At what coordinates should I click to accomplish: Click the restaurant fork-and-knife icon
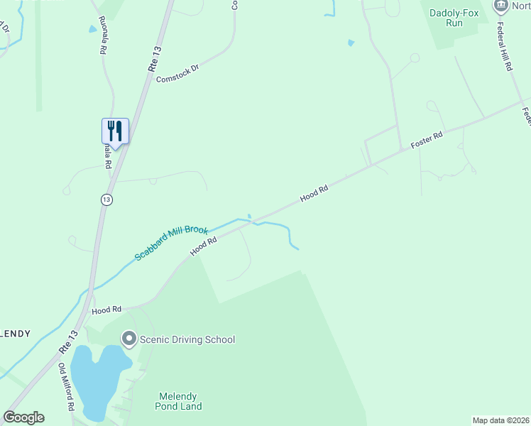click(115, 131)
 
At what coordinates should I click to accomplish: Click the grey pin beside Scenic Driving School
click(128, 339)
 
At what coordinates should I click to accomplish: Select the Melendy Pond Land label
click(178, 401)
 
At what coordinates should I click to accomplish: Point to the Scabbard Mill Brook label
click(171, 244)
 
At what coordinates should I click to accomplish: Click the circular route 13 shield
click(106, 200)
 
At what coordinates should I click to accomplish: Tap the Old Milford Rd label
click(67, 388)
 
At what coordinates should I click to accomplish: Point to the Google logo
click(24, 417)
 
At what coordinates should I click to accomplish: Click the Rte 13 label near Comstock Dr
click(153, 58)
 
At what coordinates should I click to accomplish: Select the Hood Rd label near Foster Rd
click(314, 192)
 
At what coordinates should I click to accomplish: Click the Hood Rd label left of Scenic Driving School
click(106, 310)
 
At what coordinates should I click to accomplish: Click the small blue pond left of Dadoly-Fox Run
click(351, 43)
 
